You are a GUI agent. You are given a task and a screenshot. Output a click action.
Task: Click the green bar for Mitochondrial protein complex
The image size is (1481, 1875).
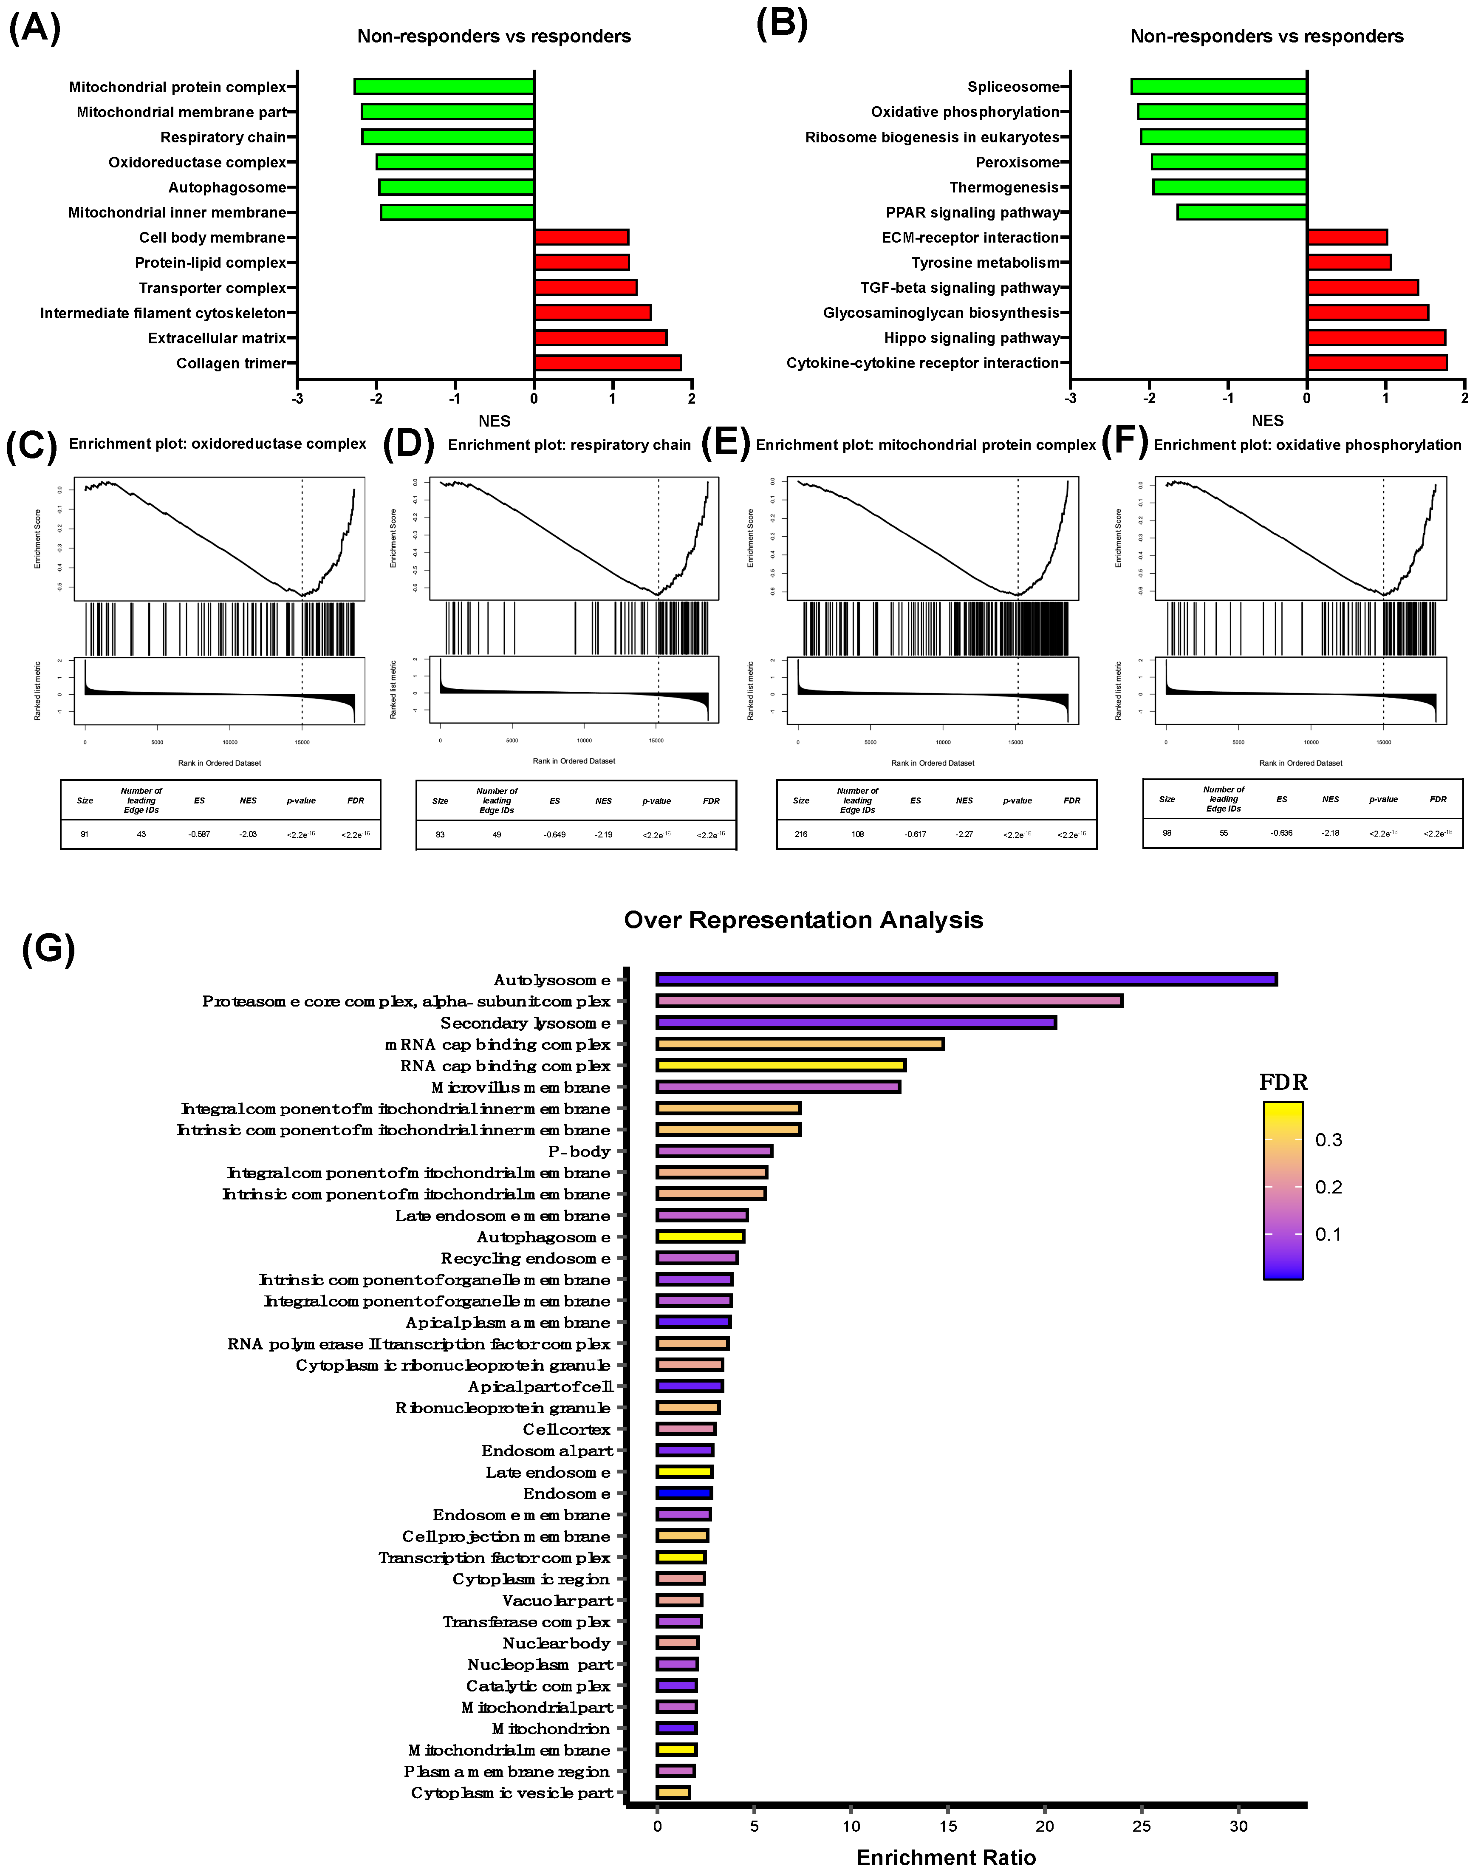point(444,87)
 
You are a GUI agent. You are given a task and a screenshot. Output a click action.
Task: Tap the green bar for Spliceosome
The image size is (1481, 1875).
point(1218,87)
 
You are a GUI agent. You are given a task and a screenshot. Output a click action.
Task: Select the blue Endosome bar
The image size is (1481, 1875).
point(684,1493)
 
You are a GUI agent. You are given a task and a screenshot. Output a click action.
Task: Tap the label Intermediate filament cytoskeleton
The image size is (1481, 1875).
point(163,313)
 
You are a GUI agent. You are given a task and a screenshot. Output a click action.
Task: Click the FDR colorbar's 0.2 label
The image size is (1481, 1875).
point(1328,1187)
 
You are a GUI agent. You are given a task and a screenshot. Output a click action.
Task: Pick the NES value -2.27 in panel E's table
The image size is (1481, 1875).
point(964,834)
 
